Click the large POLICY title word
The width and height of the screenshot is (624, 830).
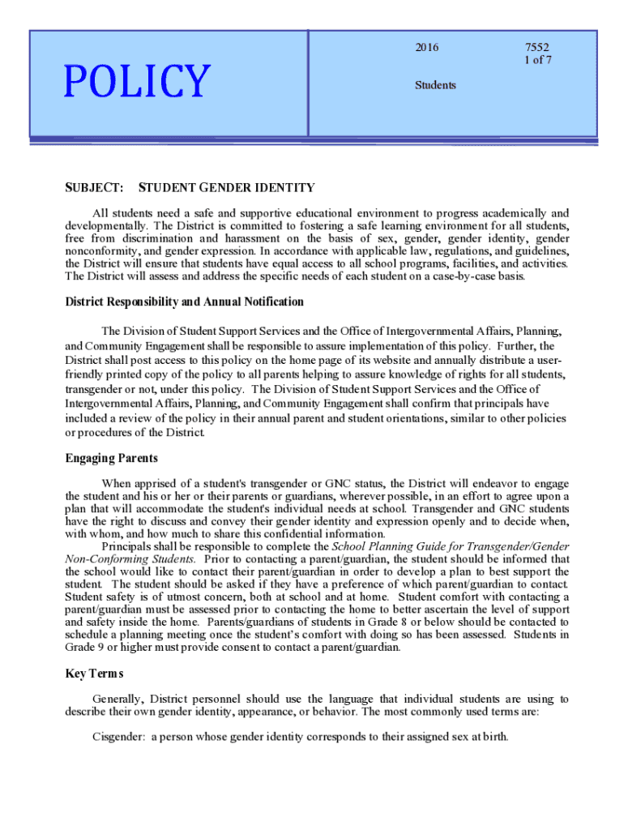point(137,80)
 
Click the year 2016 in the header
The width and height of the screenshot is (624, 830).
point(426,48)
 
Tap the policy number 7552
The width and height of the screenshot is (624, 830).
point(537,48)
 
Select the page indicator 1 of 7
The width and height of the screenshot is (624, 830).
point(538,60)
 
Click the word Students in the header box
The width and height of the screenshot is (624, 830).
point(435,85)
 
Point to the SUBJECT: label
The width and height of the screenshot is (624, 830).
point(94,188)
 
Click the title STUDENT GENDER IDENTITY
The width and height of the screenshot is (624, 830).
point(227,188)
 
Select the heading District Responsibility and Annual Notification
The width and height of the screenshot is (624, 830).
point(184,302)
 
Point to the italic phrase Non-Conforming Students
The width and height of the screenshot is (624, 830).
point(130,559)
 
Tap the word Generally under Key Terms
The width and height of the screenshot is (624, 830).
point(118,699)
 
